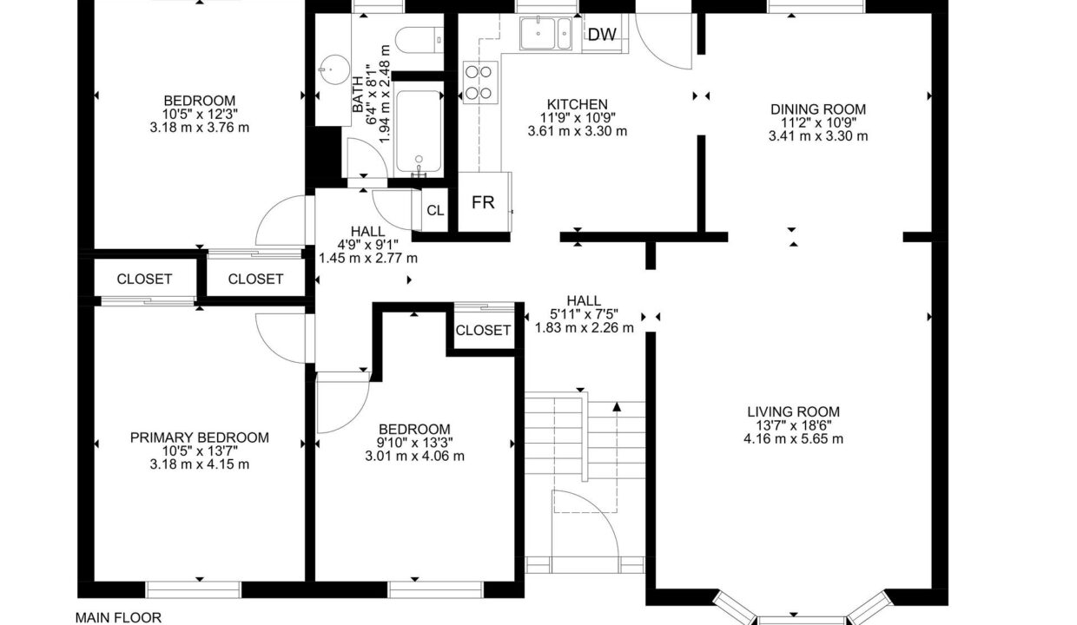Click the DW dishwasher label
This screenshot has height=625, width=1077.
(602, 35)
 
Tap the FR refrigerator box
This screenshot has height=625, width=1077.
(484, 201)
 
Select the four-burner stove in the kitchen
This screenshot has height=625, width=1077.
(479, 82)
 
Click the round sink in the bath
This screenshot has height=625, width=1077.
(334, 70)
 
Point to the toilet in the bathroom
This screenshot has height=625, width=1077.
(420, 39)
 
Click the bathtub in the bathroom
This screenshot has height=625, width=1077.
(419, 132)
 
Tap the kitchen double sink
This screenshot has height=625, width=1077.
(545, 33)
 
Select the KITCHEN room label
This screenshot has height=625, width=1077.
(578, 104)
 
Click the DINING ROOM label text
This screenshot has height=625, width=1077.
(818, 109)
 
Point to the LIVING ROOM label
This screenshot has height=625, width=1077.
(793, 411)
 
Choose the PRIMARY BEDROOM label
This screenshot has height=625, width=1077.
(200, 437)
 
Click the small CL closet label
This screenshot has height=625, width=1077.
(436, 210)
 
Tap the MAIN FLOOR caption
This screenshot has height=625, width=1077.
(118, 617)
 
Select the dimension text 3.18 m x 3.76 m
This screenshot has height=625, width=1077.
(200, 128)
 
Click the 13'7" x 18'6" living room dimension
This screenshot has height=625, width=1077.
(793, 425)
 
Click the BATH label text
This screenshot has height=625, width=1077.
(358, 95)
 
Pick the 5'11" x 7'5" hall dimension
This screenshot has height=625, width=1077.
(585, 314)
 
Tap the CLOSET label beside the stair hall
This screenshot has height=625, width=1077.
(483, 330)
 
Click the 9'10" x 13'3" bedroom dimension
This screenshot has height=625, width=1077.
(414, 443)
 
